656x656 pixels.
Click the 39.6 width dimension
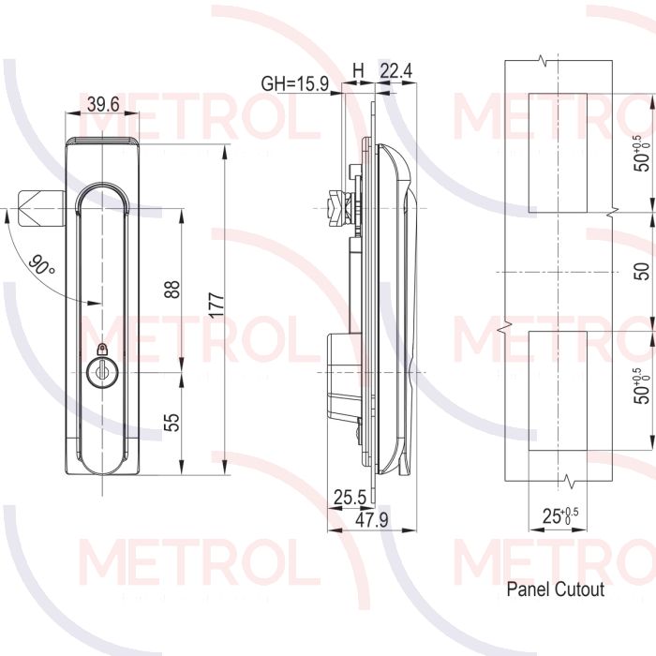(103, 104)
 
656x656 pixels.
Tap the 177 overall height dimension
(216, 306)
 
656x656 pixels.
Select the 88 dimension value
(171, 289)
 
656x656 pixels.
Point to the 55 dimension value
(171, 422)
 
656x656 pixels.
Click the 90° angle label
(42, 264)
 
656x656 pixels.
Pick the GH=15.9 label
(295, 83)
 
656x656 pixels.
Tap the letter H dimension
(358, 71)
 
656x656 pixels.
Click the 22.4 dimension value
(395, 71)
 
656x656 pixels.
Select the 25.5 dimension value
(350, 498)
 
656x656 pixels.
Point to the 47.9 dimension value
(371, 520)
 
